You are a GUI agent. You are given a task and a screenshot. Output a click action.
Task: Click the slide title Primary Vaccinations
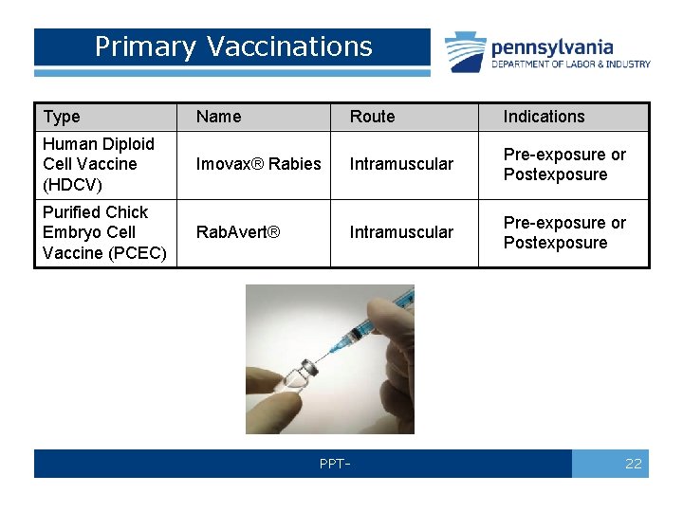pos(233,46)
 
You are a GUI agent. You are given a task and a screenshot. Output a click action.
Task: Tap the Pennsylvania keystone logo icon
pos(466,52)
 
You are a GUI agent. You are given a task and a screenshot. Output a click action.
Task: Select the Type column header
pos(62,117)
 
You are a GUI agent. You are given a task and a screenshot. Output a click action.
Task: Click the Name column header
pos(218,117)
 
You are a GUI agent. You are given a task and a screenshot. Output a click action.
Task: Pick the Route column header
pos(372,117)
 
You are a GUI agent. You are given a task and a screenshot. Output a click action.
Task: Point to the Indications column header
pos(544,117)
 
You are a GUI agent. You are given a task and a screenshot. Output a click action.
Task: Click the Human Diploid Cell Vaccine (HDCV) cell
pos(98,164)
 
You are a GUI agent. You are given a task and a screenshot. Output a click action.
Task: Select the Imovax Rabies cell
pos(258,164)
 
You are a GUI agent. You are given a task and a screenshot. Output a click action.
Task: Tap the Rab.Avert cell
pos(237,232)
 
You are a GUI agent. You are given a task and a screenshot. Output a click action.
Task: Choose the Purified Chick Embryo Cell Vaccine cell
pos(103,232)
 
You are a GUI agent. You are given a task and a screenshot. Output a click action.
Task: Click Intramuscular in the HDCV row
pos(401,164)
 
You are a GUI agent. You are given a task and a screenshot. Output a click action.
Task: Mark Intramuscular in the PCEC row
pos(401,232)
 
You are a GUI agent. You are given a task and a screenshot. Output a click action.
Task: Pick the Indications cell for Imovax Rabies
pos(564,164)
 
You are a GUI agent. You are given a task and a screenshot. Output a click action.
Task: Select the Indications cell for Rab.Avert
pos(564,232)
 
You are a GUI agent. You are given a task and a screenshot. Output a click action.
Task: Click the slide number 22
pos(634,464)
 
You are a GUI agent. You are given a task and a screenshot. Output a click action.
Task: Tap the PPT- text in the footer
pos(335,464)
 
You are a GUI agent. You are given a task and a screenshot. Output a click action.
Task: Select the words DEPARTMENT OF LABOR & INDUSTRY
pos(570,64)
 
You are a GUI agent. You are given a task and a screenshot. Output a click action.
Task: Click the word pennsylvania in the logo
pos(551,47)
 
